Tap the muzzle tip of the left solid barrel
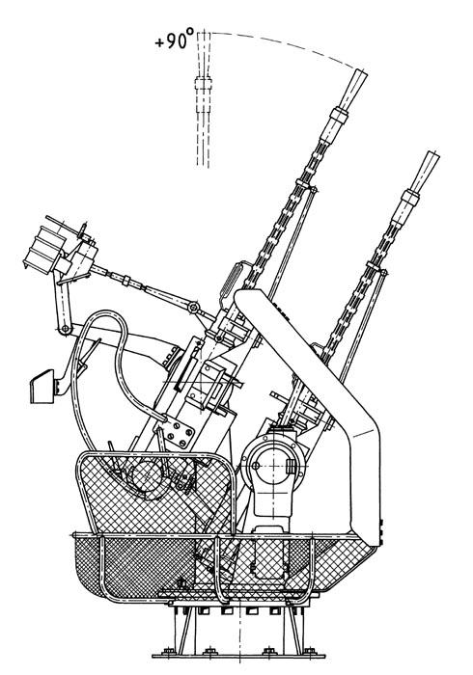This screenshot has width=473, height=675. coord(361,72)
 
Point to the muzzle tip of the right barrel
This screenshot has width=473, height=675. coord(432,154)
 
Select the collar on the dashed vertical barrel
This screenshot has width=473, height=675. coord(203,83)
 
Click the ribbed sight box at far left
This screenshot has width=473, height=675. coord(43,250)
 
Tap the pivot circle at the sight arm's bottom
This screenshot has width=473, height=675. coord(65,330)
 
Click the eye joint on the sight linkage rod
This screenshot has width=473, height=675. coord(193,308)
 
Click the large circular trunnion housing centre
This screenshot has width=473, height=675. coord(273,465)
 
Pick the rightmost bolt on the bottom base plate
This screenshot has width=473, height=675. coord(309,650)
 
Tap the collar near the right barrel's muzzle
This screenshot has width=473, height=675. coord(410,197)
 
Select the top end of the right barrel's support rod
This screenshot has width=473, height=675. coord(384,272)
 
